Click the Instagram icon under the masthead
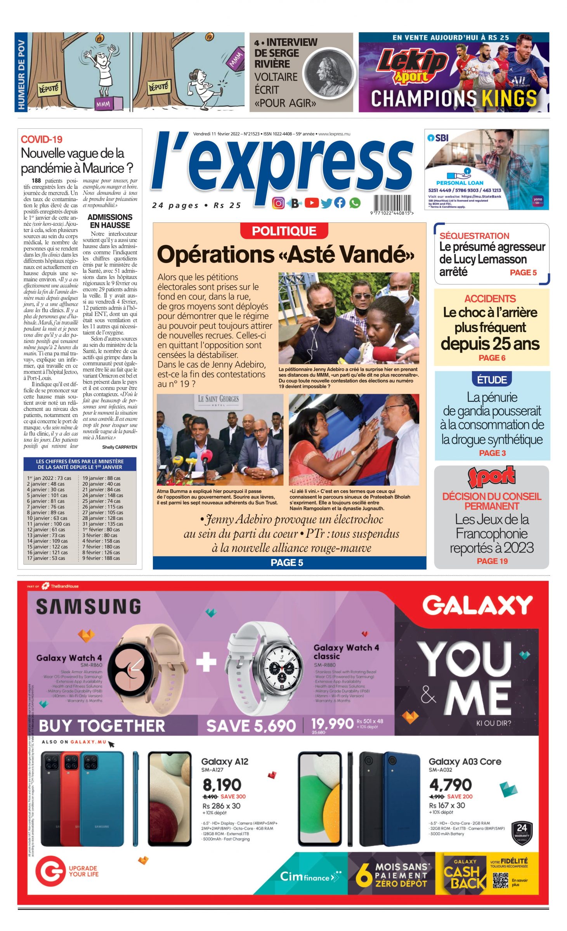pos(278,203)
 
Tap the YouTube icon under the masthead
pos(312,202)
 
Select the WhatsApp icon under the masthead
pos(355,202)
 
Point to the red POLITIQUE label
pos(284,231)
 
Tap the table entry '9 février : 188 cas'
pos(101,558)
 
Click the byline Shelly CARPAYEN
pos(120,447)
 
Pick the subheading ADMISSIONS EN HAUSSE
pos(110,221)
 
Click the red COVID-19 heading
pos(42,139)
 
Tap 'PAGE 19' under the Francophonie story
pos(492,561)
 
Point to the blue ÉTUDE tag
pos(492,379)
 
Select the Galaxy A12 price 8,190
pos(222,785)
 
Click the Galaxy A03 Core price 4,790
pos(450,785)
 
